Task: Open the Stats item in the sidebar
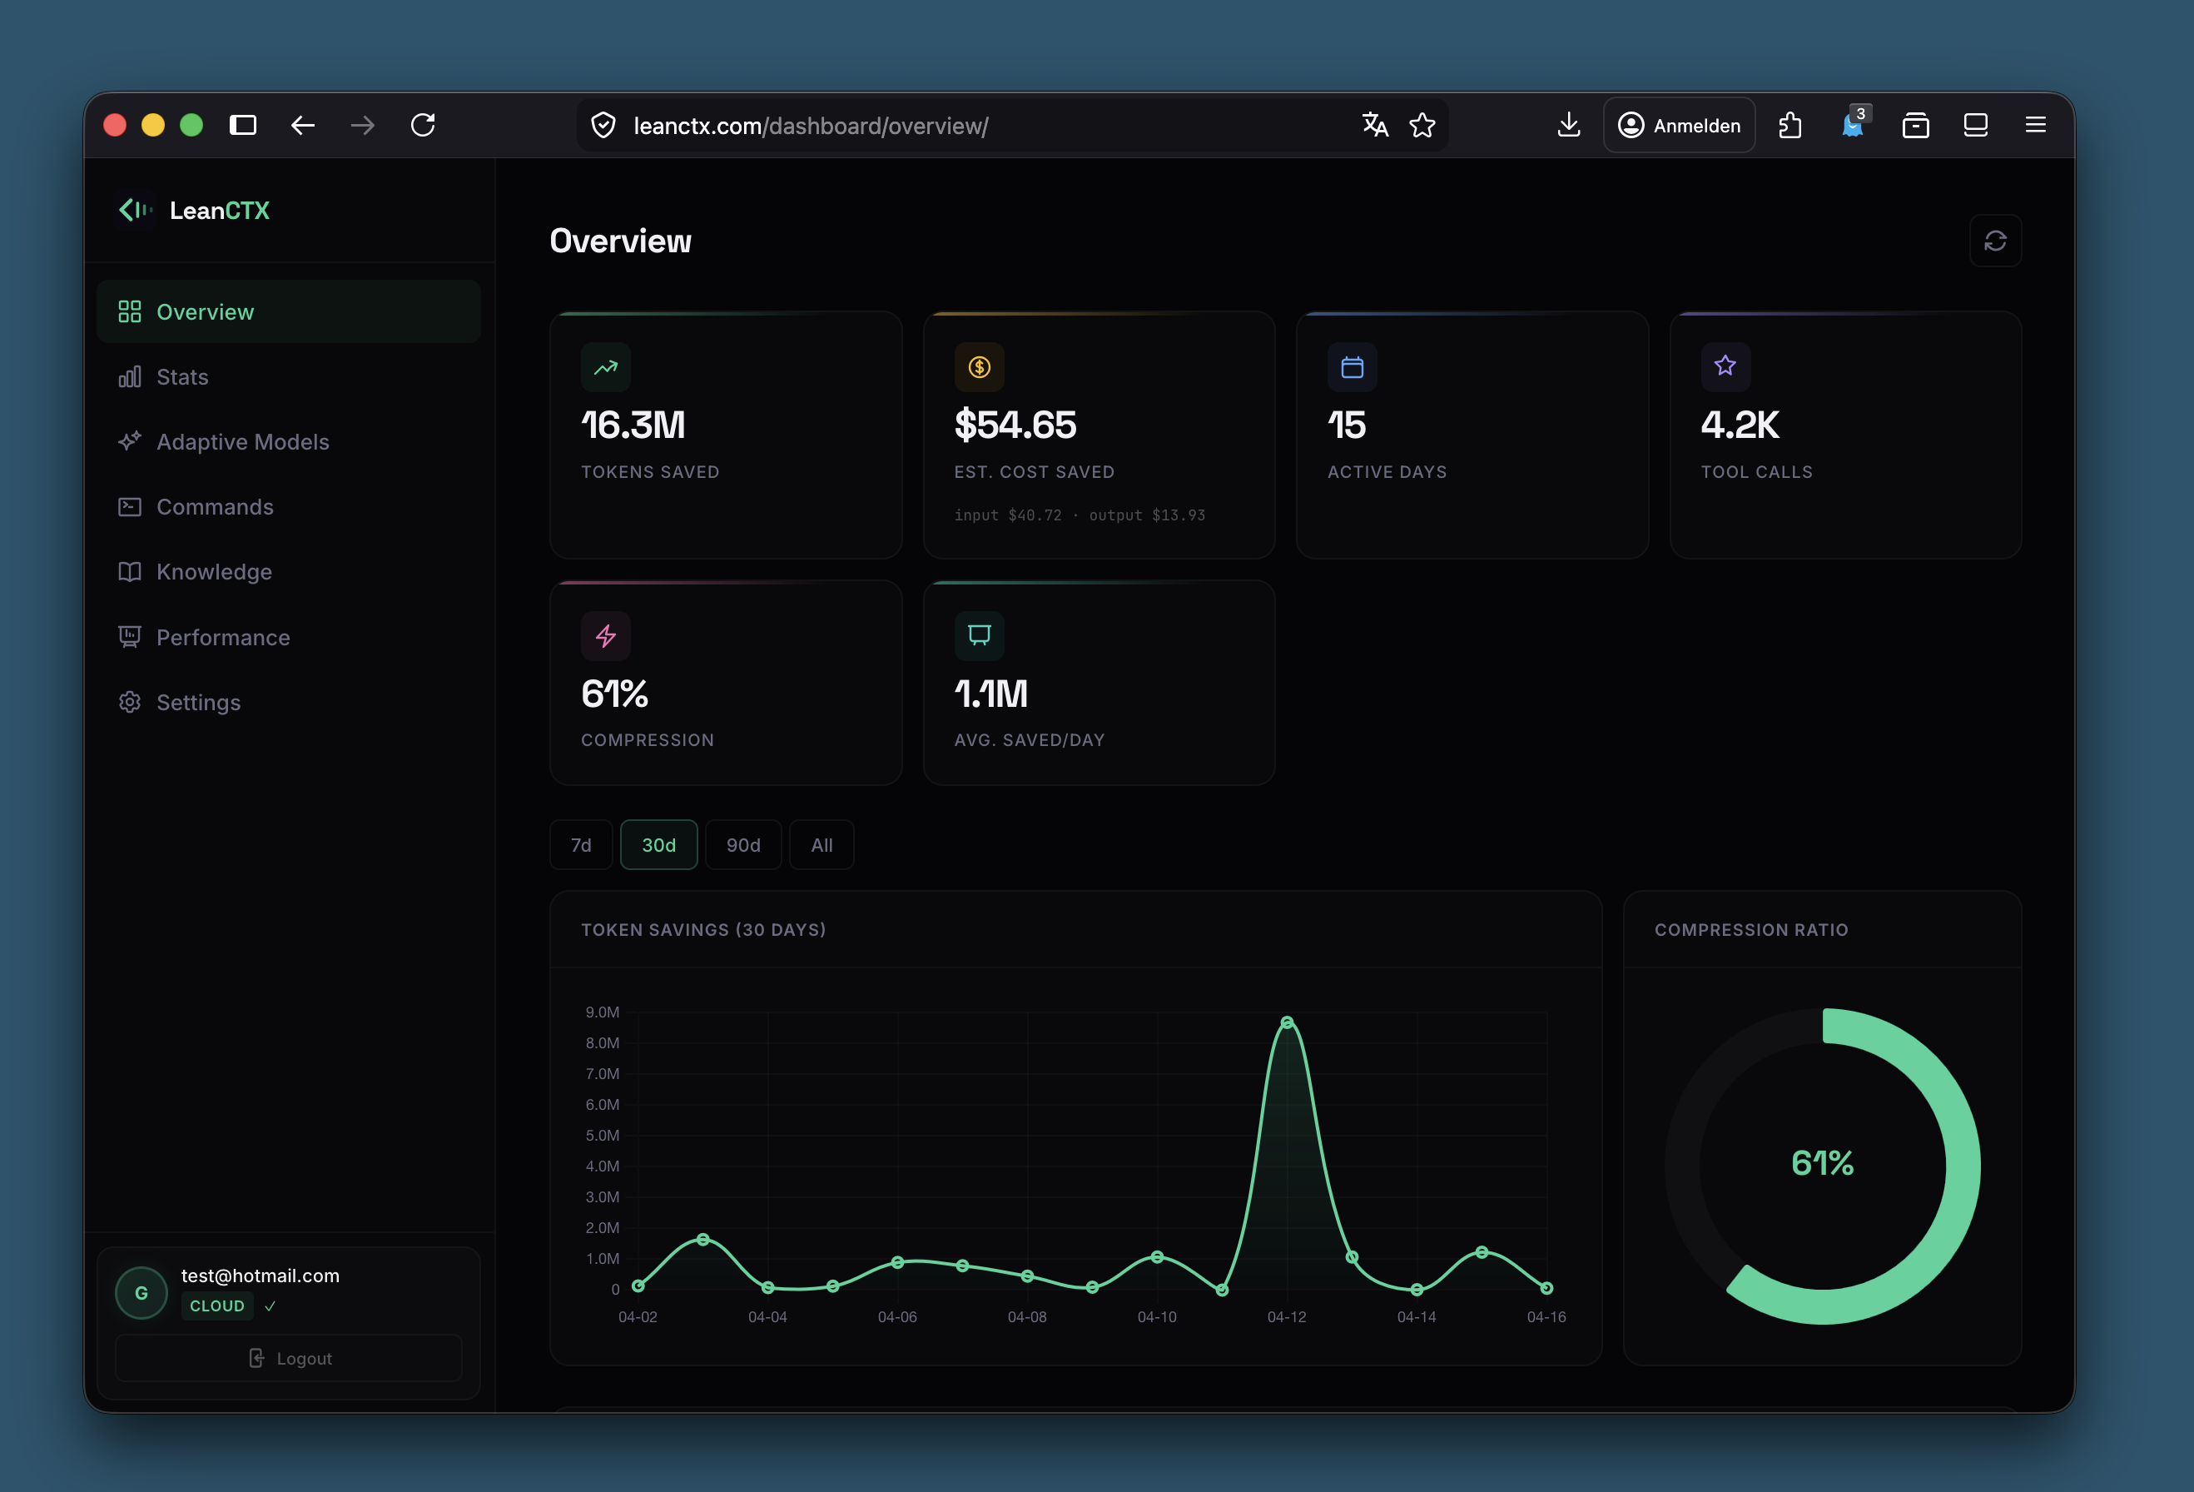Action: [x=181, y=377]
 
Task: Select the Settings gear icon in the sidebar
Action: [x=129, y=703]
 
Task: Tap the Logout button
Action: [x=289, y=1358]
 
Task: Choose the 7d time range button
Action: [x=581, y=845]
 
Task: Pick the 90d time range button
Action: [x=743, y=845]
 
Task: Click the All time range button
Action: [x=822, y=845]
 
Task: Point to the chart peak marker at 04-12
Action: [x=1287, y=1022]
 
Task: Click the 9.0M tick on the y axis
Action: [x=603, y=1012]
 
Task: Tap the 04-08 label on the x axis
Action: [x=1027, y=1316]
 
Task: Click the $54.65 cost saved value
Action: [x=1015, y=425]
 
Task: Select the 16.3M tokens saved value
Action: [x=633, y=425]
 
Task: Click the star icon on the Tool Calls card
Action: [x=1725, y=366]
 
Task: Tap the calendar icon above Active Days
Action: [x=1352, y=367]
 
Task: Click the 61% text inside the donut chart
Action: [x=1822, y=1162]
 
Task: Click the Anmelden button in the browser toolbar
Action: [x=1680, y=126]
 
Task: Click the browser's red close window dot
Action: [x=115, y=126]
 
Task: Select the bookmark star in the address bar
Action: [x=1422, y=126]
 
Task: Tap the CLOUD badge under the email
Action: [x=217, y=1306]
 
